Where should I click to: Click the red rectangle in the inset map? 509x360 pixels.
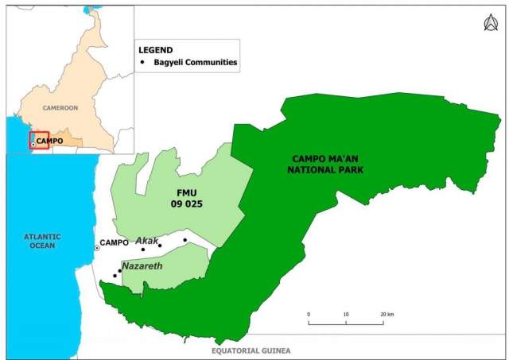[40, 140]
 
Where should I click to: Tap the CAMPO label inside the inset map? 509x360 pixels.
[49, 141]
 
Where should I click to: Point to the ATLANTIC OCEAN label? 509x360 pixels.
[37, 239]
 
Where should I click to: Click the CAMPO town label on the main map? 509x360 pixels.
[113, 242]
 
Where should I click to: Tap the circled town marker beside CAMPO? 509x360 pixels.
[98, 248]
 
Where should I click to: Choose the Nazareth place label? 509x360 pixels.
[142, 265]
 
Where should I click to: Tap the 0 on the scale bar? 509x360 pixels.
[309, 314]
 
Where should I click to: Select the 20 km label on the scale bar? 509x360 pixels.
[387, 314]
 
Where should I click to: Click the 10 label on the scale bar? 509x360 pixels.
[346, 314]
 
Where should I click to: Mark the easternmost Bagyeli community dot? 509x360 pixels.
[185, 240]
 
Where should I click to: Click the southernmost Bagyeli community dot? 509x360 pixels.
[115, 276]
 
